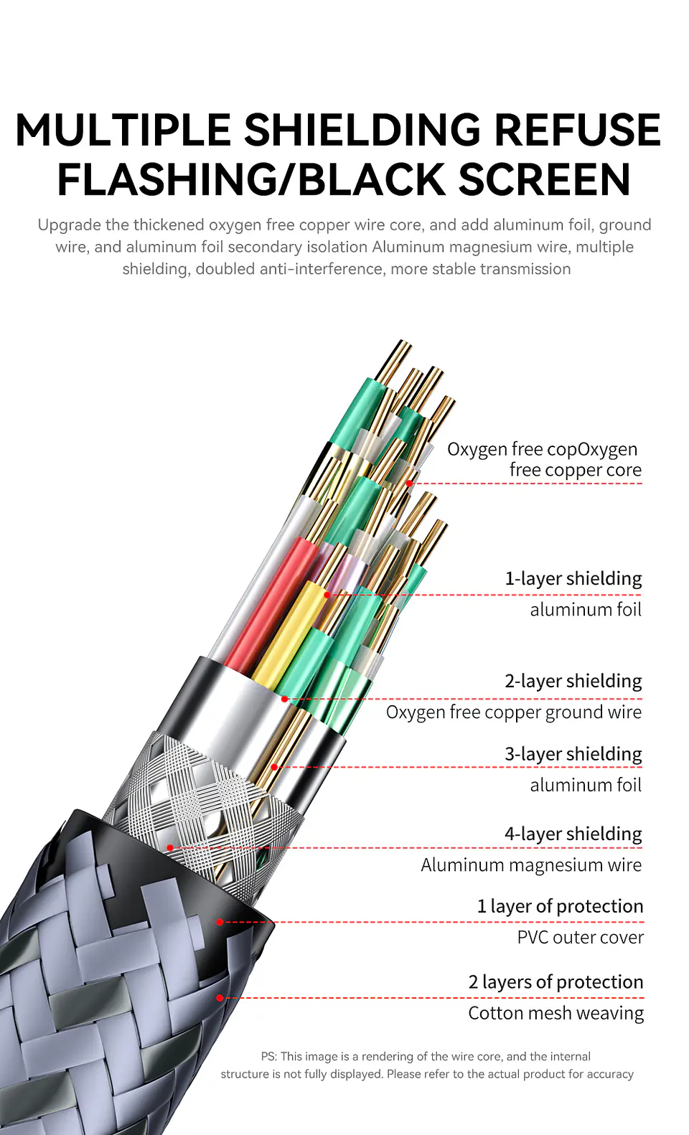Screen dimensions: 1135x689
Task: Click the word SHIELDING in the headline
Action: [362, 130]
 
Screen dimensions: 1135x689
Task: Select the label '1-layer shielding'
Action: [573, 578]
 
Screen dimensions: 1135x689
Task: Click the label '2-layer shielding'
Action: [573, 681]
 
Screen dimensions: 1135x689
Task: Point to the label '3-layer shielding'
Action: [573, 754]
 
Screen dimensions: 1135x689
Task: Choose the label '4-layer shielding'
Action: [573, 834]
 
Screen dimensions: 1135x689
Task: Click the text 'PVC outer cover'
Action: [580, 937]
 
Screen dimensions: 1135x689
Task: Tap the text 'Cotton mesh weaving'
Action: [556, 1013]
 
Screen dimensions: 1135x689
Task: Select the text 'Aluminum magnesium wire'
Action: [531, 865]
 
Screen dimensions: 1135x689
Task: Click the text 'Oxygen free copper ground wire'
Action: [514, 712]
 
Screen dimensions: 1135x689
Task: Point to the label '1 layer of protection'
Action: [560, 906]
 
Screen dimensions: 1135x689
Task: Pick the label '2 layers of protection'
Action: [556, 981]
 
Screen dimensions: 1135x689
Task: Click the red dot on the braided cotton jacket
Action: [220, 997]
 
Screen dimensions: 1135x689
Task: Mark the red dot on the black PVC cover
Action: [220, 922]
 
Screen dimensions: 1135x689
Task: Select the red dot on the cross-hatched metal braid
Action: [170, 847]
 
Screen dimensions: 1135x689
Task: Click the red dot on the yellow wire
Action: [327, 595]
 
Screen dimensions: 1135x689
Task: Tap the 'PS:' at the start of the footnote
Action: [268, 1056]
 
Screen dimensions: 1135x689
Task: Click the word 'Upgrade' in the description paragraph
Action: [69, 225]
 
